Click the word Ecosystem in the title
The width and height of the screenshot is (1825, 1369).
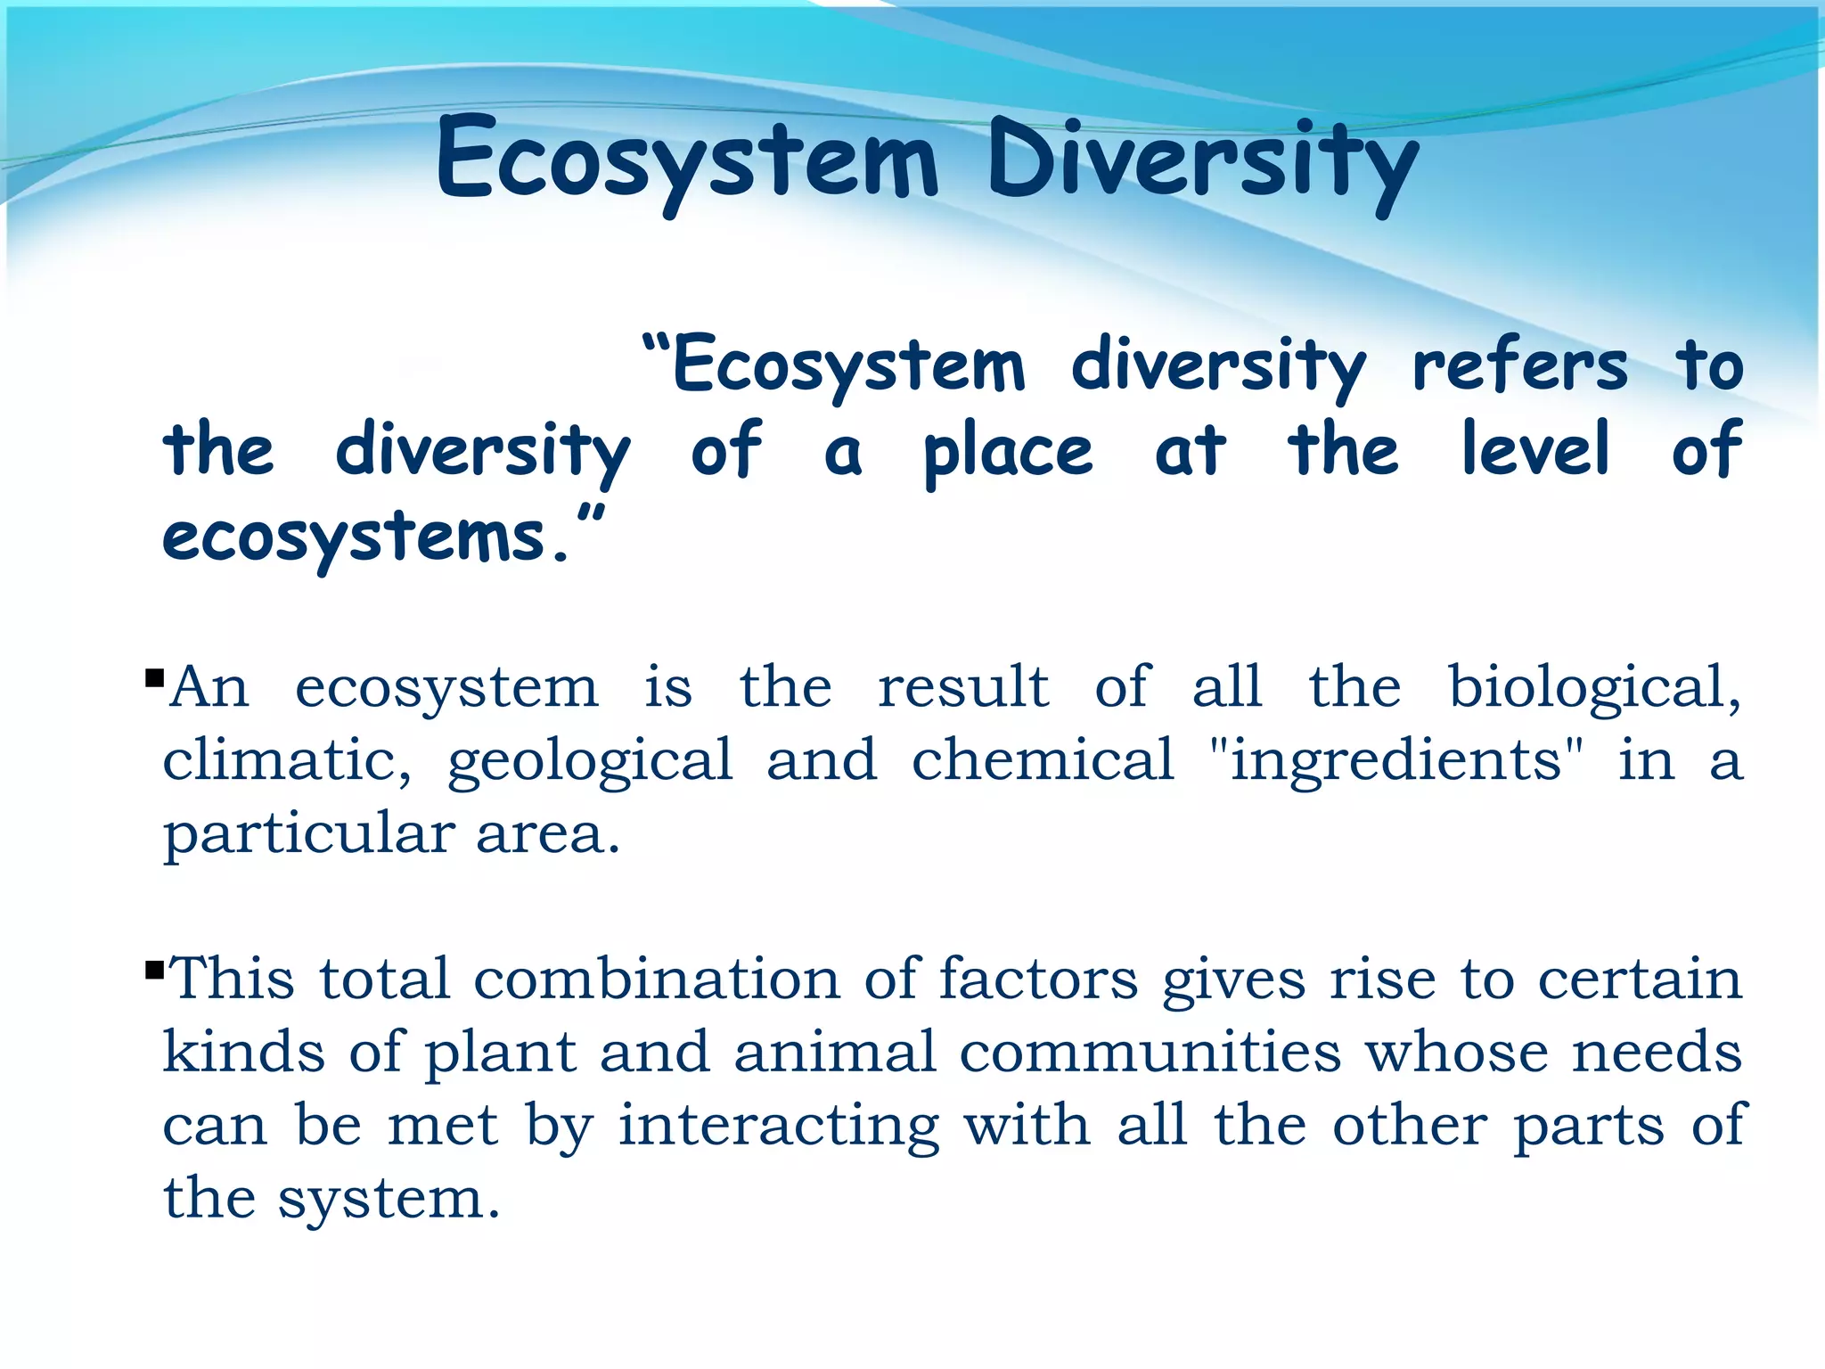click(x=686, y=160)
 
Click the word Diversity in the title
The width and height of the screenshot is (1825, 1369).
click(x=1203, y=160)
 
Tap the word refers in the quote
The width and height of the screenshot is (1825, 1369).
click(x=1520, y=365)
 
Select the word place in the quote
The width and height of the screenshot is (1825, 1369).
click(x=1008, y=451)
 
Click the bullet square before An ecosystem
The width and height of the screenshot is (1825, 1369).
click(x=154, y=679)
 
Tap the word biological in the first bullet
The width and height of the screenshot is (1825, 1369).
click(x=1593, y=688)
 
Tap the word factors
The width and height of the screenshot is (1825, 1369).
click(x=1038, y=979)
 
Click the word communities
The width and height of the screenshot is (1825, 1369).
click(x=1150, y=1052)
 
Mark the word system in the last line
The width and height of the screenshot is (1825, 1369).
click(x=388, y=1200)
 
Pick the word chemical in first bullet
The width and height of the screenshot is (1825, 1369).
click(x=1043, y=760)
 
